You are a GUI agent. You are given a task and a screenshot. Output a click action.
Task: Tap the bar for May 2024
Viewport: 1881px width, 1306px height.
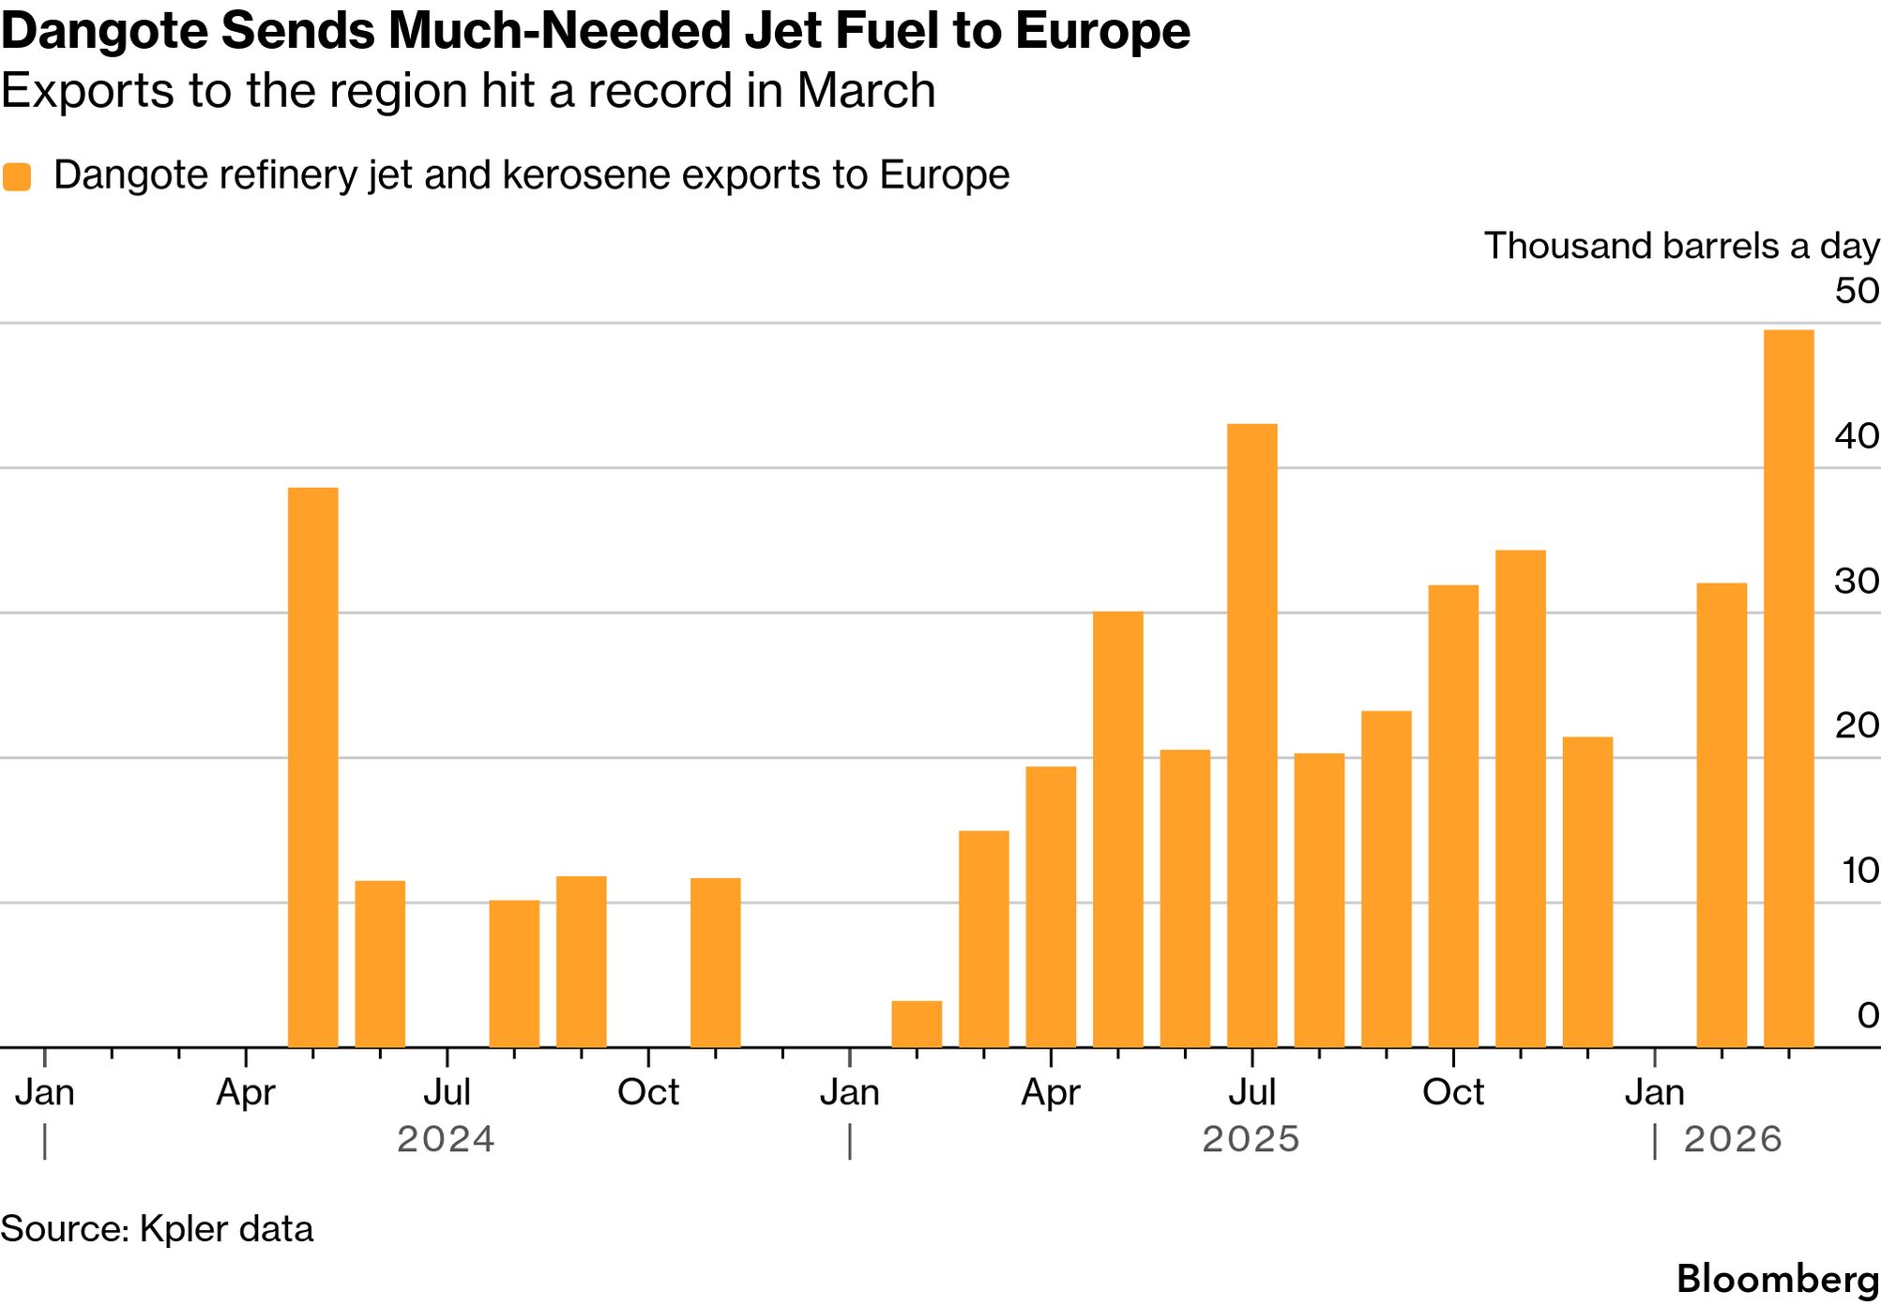pyautogui.click(x=312, y=767)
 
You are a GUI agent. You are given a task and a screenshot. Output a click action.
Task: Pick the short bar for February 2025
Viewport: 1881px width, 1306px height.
pyautogui.click(x=916, y=1024)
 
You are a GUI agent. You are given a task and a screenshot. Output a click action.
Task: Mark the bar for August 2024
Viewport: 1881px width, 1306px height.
pyautogui.click(x=514, y=973)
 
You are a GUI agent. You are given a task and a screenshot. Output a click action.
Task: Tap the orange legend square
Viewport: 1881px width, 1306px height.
pyautogui.click(x=17, y=176)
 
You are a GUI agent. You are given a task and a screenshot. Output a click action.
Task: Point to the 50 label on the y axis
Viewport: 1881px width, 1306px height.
pyautogui.click(x=1856, y=291)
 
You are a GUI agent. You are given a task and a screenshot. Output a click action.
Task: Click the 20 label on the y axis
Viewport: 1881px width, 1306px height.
pyautogui.click(x=1856, y=725)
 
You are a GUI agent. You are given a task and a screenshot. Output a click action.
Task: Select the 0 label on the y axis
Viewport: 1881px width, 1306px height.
pyautogui.click(x=1867, y=1015)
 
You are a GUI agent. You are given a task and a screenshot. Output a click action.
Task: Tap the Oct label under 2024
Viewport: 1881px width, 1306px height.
pyautogui.click(x=647, y=1093)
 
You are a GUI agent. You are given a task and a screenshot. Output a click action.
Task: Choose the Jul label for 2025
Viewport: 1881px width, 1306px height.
pyautogui.click(x=1251, y=1093)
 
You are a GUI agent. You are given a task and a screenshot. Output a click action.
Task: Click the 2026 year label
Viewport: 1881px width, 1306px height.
pyautogui.click(x=1732, y=1140)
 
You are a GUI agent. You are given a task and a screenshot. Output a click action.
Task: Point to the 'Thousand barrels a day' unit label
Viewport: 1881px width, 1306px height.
pyautogui.click(x=1680, y=246)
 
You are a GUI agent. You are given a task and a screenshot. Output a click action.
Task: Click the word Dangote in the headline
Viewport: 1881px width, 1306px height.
pyautogui.click(x=103, y=31)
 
